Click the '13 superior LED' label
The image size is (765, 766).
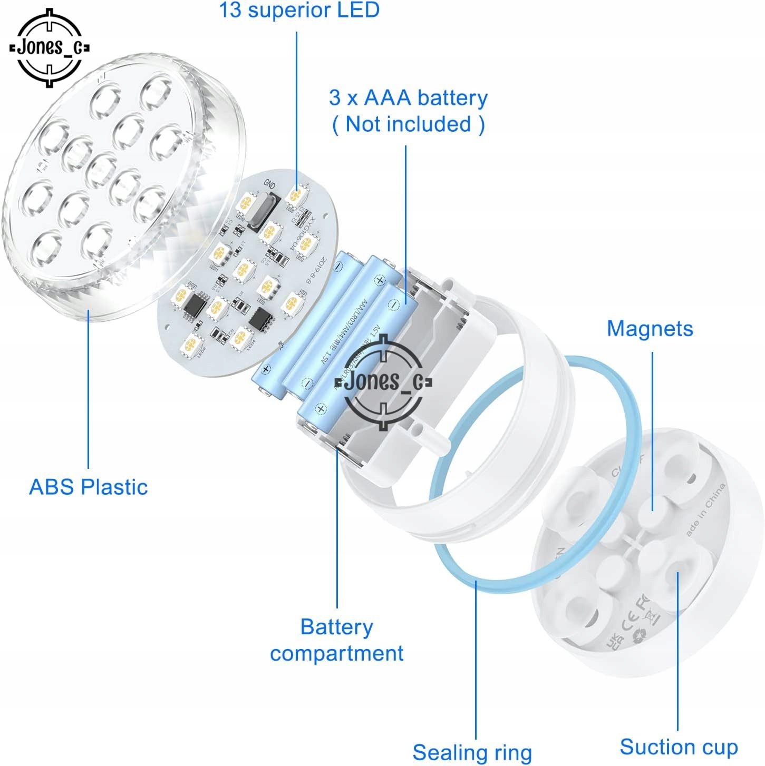[x=299, y=11]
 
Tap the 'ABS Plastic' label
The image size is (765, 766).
[x=88, y=487]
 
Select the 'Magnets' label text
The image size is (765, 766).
[x=650, y=328]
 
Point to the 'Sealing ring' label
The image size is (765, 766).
[x=472, y=752]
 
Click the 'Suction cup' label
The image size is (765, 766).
[x=679, y=747]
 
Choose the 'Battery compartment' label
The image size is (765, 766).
[x=336, y=640]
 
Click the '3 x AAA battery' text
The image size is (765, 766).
[x=408, y=98]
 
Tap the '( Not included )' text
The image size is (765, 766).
[x=408, y=124]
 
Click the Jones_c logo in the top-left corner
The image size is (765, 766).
[x=50, y=47]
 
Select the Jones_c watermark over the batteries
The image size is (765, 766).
[x=383, y=381]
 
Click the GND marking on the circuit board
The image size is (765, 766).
[x=269, y=184]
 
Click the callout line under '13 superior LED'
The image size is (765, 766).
[x=296, y=105]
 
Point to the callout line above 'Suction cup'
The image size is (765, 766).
[x=678, y=653]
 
